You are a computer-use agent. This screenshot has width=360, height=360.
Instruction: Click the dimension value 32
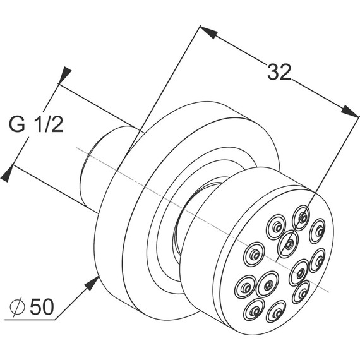(279, 72)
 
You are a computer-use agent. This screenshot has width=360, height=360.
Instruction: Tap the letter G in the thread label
(17, 124)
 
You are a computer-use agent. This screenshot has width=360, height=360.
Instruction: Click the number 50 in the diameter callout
(42, 307)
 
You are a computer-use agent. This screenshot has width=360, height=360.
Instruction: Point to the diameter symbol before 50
(17, 307)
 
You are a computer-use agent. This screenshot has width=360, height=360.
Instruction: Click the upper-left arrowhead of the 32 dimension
(208, 32)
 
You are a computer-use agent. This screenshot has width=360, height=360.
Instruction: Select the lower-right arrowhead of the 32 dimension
(349, 111)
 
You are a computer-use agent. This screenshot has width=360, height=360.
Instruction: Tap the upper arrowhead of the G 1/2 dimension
(64, 75)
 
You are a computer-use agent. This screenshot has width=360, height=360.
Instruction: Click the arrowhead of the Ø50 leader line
(92, 283)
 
